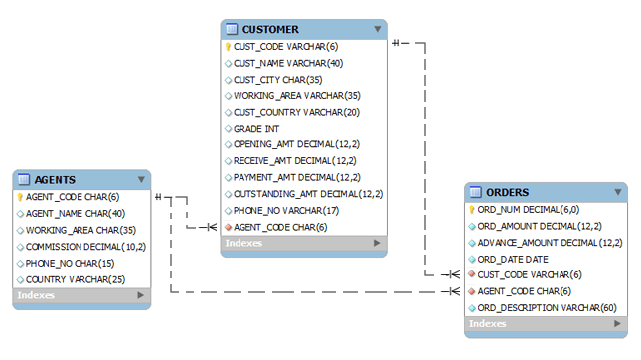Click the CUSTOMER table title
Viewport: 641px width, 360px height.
(270, 30)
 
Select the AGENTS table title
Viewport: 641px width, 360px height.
(55, 180)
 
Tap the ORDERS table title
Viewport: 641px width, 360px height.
(507, 192)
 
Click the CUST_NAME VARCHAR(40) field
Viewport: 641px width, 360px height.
(288, 63)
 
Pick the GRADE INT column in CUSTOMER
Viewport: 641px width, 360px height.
(256, 129)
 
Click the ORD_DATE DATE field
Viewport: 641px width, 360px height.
(513, 259)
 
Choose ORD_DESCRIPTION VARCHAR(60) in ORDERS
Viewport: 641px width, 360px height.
(547, 308)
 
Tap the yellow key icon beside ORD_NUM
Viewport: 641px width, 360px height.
(472, 210)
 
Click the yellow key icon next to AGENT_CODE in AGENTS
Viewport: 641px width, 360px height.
(20, 197)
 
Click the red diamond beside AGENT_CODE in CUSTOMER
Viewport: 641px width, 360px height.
(229, 227)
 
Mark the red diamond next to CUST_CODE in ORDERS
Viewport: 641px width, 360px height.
(472, 274)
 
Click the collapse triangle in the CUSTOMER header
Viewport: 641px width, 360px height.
(378, 29)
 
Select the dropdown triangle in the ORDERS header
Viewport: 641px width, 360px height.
(618, 192)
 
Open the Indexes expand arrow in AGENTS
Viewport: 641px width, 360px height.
(141, 295)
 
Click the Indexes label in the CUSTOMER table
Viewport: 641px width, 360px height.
(243, 243)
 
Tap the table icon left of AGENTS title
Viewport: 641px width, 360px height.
(24, 179)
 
